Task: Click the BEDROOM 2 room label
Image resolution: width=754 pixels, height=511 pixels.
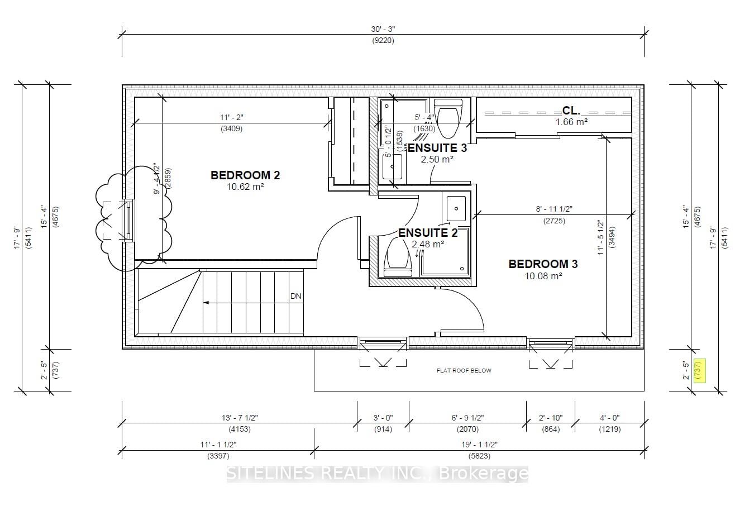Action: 245,175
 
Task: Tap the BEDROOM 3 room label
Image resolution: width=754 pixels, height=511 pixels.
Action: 543,264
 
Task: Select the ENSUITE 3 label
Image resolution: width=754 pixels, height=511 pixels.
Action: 437,148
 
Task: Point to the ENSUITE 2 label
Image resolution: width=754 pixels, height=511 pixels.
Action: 428,233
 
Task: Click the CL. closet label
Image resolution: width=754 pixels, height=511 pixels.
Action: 571,111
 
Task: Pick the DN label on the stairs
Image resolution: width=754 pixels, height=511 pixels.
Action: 296,297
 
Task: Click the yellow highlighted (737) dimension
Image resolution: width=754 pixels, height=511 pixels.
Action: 698,370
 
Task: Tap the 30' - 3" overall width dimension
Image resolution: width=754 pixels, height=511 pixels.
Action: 383,29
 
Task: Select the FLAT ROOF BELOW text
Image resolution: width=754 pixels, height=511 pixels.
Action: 464,370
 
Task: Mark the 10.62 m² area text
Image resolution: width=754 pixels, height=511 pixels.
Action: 245,187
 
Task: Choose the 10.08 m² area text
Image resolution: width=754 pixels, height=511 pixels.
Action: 543,276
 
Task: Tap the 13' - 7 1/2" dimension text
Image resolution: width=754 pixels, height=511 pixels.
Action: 239,418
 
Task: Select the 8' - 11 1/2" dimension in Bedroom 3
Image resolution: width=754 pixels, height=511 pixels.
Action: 554,209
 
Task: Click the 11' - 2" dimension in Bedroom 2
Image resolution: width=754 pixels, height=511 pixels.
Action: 231,117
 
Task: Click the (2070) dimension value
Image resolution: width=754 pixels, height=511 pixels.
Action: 467,429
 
